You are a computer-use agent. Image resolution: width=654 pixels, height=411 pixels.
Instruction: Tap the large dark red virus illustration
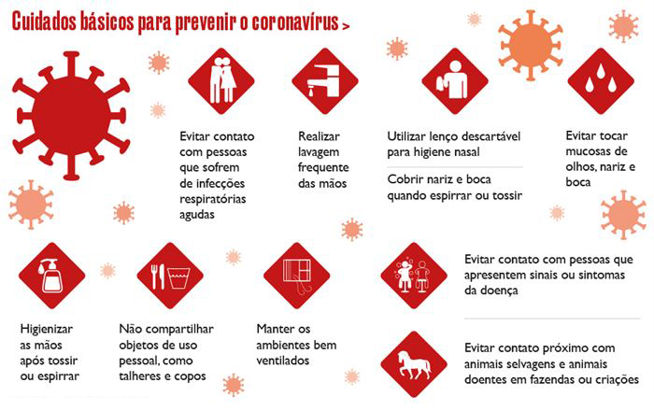71,116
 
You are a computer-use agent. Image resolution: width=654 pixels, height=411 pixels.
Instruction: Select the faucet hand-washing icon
325,81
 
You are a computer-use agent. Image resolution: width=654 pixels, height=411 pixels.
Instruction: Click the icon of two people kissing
221,81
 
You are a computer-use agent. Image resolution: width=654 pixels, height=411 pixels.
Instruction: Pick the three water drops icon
601,81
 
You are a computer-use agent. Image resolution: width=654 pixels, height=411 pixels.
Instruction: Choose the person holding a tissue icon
455,81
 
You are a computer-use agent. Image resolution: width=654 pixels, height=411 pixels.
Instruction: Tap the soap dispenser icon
52,276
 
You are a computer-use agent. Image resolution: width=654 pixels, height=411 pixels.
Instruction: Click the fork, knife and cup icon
170,276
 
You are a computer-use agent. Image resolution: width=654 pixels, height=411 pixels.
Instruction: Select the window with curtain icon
297,276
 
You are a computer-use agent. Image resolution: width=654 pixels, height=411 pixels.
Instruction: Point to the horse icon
414,364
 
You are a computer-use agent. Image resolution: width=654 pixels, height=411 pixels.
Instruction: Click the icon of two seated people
414,276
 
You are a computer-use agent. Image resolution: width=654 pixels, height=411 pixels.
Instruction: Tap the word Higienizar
47,330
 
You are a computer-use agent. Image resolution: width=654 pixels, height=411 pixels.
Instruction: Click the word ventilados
283,361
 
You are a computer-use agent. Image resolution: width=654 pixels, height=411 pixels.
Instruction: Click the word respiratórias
213,199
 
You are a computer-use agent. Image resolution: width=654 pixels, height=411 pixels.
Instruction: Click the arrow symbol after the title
346,26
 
